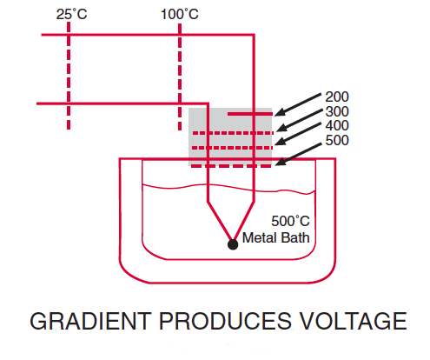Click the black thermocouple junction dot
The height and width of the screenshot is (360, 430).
tap(232, 244)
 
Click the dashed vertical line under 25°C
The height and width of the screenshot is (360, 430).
tap(69, 78)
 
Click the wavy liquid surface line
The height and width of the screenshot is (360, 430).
tap(174, 186)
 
